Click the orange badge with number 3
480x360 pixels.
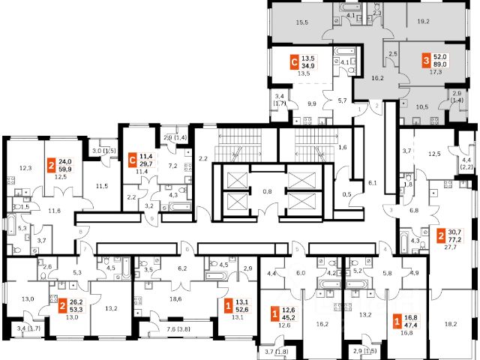[426, 60]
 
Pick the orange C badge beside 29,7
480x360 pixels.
[133, 158]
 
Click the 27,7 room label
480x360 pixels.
[450, 246]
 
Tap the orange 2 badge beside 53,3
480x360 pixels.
[52, 306]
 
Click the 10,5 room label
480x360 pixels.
[422, 106]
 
